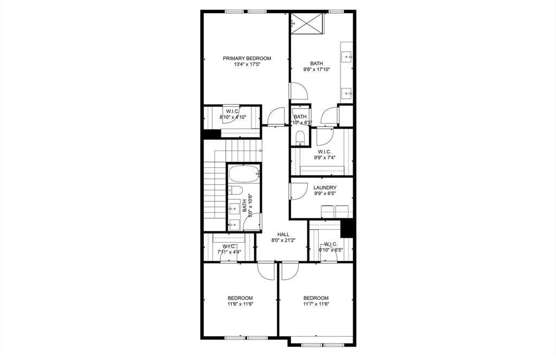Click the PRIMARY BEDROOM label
point(247,58)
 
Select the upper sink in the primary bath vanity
point(347,56)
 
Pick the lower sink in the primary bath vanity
point(347,93)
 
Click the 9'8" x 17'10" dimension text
point(317,70)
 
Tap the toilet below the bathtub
point(235,190)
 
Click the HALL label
point(276,234)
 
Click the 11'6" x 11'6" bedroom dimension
point(240,304)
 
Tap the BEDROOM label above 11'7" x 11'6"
point(316,298)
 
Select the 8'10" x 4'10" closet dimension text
point(232,117)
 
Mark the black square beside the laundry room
point(347,229)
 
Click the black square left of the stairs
point(211,134)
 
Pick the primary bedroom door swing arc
point(276,115)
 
